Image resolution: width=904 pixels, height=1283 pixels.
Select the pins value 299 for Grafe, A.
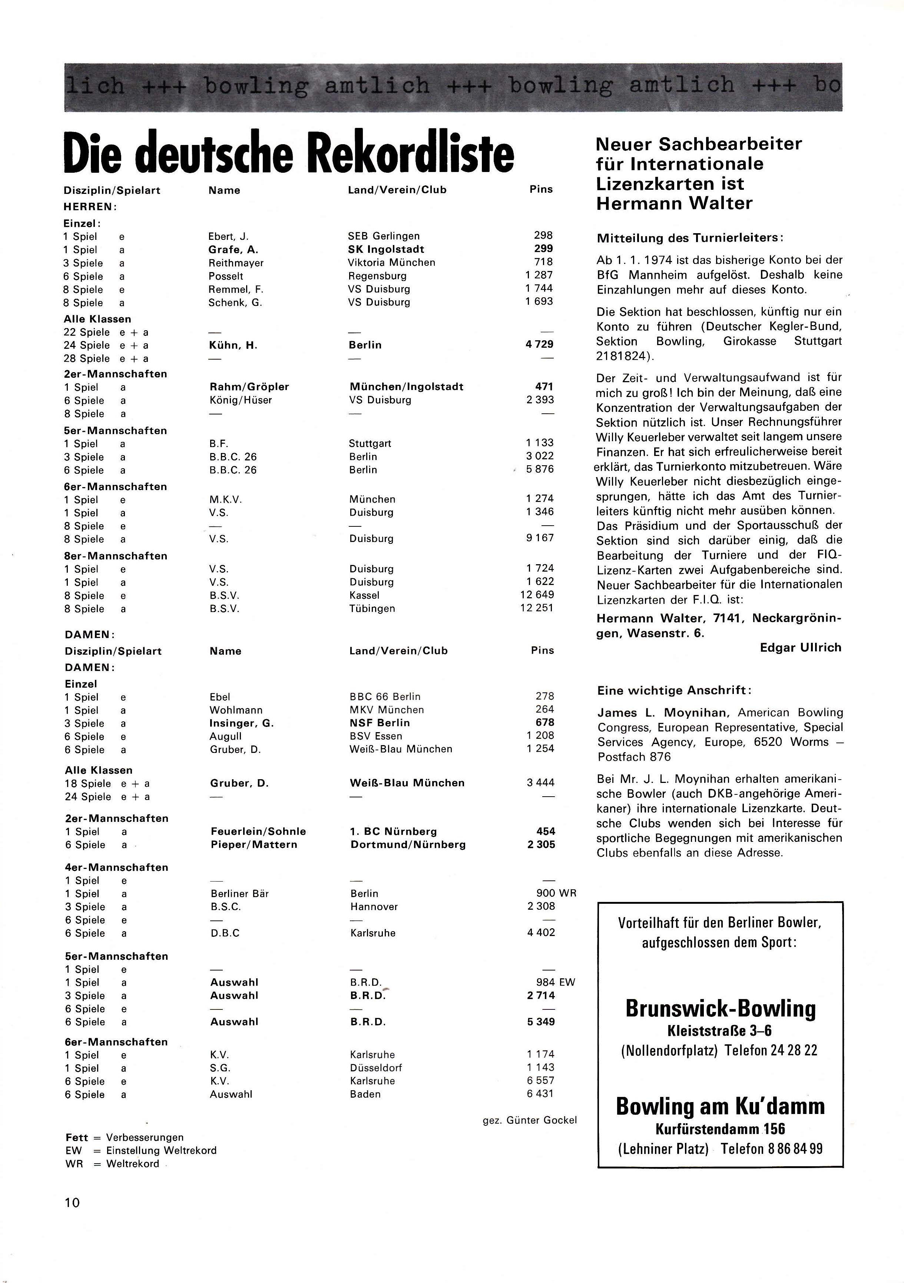tap(543, 249)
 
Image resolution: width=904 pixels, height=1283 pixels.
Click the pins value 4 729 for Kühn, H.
tap(539, 344)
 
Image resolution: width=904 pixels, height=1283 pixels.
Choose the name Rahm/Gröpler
tap(249, 387)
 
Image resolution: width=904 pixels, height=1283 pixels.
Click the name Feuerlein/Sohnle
tap(258, 831)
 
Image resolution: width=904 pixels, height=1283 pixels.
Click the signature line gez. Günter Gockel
tap(529, 1120)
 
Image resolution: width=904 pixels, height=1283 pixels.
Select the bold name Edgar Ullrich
tap(800, 648)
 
